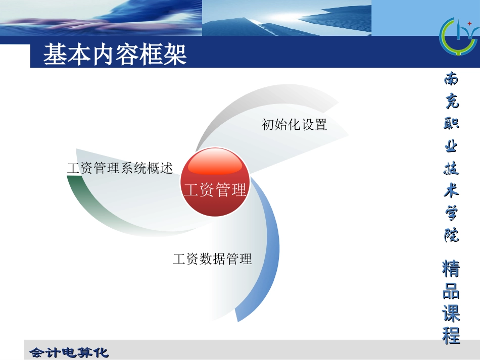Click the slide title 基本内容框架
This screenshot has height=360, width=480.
115,55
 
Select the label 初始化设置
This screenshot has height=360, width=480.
294,124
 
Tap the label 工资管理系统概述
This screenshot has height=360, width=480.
120,168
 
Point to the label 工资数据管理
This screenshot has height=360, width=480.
212,260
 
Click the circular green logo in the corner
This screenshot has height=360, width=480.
457,37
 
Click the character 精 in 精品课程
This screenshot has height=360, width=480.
451,269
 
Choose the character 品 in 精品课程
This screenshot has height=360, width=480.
451,292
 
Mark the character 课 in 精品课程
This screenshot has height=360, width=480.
451,314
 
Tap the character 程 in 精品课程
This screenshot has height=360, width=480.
451,335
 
